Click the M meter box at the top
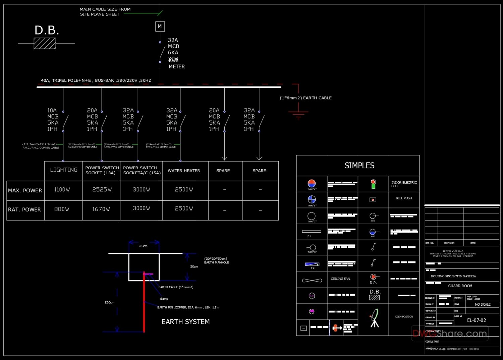[160, 26]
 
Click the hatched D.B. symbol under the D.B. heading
[45, 43]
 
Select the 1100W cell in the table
[62, 190]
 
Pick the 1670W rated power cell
[101, 209]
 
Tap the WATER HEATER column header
[184, 171]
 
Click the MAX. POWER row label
[25, 190]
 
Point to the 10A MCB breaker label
[53, 120]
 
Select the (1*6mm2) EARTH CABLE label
[305, 98]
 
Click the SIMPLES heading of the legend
[359, 166]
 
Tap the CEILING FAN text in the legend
[340, 279]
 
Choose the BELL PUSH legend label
[403, 198]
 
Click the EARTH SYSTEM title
[185, 322]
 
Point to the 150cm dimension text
[109, 302]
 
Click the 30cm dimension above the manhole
[143, 246]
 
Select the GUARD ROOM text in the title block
[460, 286]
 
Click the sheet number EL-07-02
[476, 320]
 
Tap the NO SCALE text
[483, 304]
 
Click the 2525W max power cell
[102, 190]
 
